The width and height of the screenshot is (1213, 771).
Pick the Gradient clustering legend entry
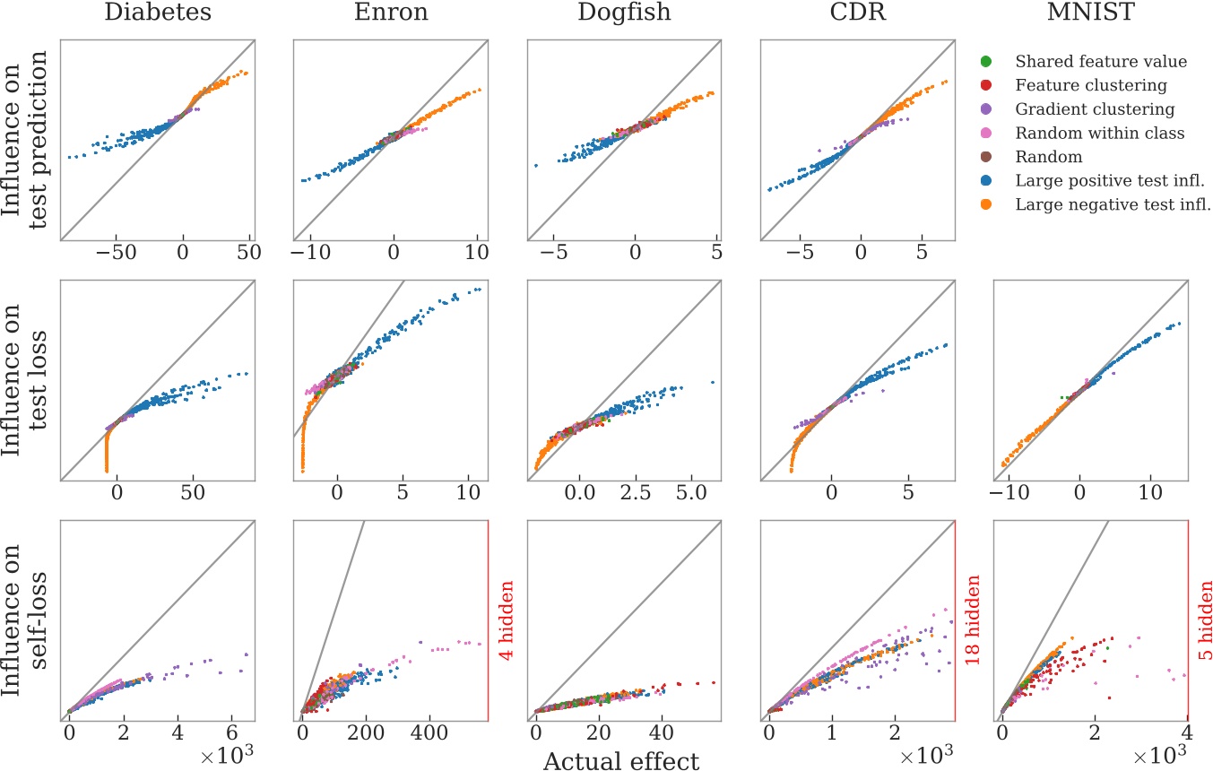pyautogui.click(x=1094, y=109)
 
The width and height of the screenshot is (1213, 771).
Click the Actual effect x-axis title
pyautogui.click(x=620, y=760)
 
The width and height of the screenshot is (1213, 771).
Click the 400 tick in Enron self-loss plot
pyautogui.click(x=429, y=732)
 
